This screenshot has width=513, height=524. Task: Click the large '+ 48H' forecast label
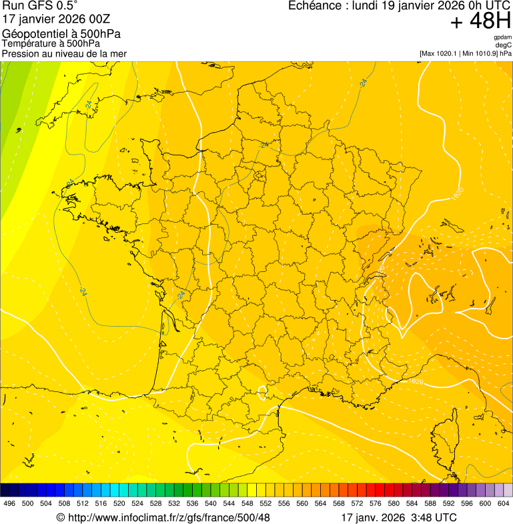pos(480,21)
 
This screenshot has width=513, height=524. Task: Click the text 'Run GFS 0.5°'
pos(40,6)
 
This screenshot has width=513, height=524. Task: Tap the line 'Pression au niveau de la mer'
pos(64,53)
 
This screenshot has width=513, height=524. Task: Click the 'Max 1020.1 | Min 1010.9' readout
pos(465,53)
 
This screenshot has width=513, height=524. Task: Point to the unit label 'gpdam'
pos(502,37)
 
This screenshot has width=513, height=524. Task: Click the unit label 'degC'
pos(504,45)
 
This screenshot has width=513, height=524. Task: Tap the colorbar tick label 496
pos(9,503)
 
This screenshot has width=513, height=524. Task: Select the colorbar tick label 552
pos(266,503)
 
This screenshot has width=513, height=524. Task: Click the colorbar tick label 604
pos(503,503)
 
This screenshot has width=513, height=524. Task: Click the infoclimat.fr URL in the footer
pos(163,517)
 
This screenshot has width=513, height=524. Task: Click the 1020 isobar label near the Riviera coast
pos(415,381)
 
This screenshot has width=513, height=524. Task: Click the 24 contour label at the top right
pos(364,83)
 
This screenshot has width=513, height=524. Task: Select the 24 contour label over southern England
pos(89,104)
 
